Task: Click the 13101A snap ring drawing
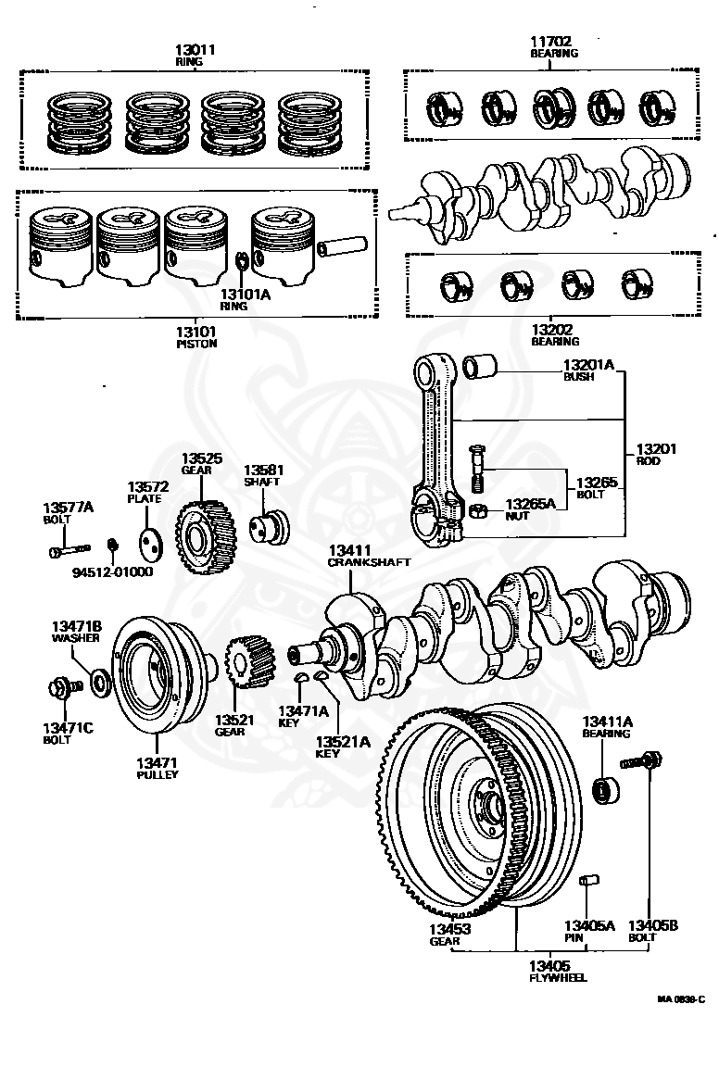pyautogui.click(x=241, y=261)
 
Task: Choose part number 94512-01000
pyautogui.click(x=112, y=571)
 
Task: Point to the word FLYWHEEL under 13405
pyautogui.click(x=558, y=977)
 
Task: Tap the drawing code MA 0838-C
pyautogui.click(x=681, y=999)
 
